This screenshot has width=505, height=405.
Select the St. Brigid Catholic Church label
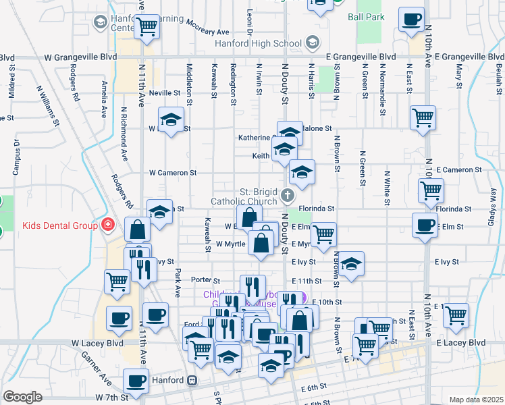click(x=244, y=196)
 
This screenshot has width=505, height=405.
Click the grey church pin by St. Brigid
click(x=288, y=196)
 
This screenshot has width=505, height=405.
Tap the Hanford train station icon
click(x=192, y=380)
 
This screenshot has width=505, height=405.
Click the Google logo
click(x=22, y=396)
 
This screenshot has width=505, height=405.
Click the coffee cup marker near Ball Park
click(x=411, y=20)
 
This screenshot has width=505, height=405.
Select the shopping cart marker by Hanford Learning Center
click(x=147, y=28)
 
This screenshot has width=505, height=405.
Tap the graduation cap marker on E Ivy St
click(x=350, y=265)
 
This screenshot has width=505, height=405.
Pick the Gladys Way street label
click(x=494, y=202)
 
